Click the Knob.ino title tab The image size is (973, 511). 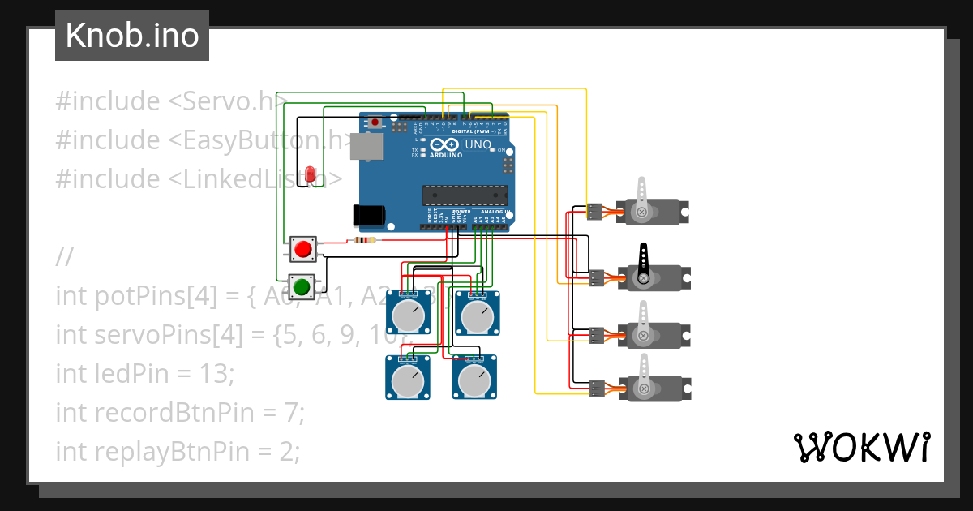click(x=131, y=36)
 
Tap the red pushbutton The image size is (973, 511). click(x=304, y=249)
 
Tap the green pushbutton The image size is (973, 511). click(x=303, y=286)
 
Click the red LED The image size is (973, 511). click(x=311, y=174)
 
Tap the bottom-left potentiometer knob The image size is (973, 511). click(x=407, y=380)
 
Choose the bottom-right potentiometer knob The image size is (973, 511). click(x=475, y=380)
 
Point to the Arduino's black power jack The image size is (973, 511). click(x=367, y=214)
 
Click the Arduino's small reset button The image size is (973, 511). click(x=375, y=122)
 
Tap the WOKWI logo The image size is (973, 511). click(x=861, y=447)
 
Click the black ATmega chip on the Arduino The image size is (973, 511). click(x=464, y=195)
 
